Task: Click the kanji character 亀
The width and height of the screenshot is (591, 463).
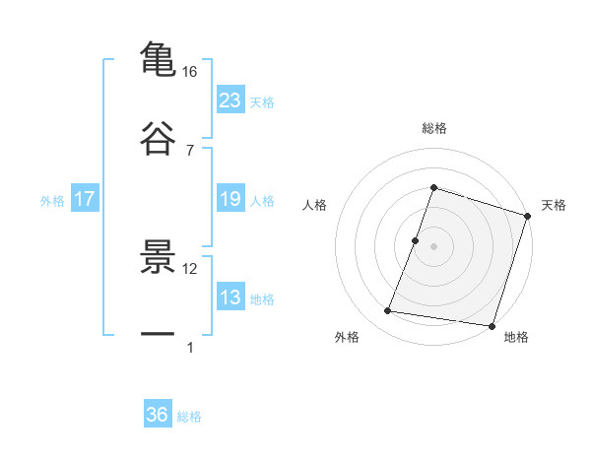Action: click(158, 58)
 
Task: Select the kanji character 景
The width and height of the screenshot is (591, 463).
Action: click(158, 256)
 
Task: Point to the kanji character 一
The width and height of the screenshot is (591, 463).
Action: click(158, 334)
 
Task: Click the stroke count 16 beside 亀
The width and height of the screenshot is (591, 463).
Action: click(189, 72)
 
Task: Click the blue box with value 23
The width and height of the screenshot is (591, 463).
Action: click(230, 99)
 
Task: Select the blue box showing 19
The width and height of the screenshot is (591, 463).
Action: click(230, 199)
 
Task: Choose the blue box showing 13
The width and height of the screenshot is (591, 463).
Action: click(230, 298)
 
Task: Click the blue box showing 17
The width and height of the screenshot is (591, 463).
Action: click(85, 199)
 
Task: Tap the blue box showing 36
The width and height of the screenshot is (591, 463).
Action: click(158, 415)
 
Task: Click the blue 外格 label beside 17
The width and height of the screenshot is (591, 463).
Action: click(52, 200)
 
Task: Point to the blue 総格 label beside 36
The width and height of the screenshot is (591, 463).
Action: click(189, 417)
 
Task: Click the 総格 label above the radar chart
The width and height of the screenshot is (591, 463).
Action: click(433, 128)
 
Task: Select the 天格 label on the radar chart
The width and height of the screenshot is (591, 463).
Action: click(554, 205)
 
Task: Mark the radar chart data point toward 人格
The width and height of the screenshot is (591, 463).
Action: click(416, 240)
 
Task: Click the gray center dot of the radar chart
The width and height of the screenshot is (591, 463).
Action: click(433, 246)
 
